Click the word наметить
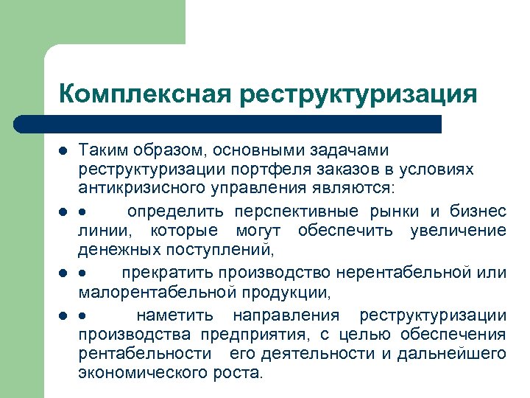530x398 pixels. pyautogui.click(x=176, y=316)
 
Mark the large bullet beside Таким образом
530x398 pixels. pyautogui.click(x=64, y=151)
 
